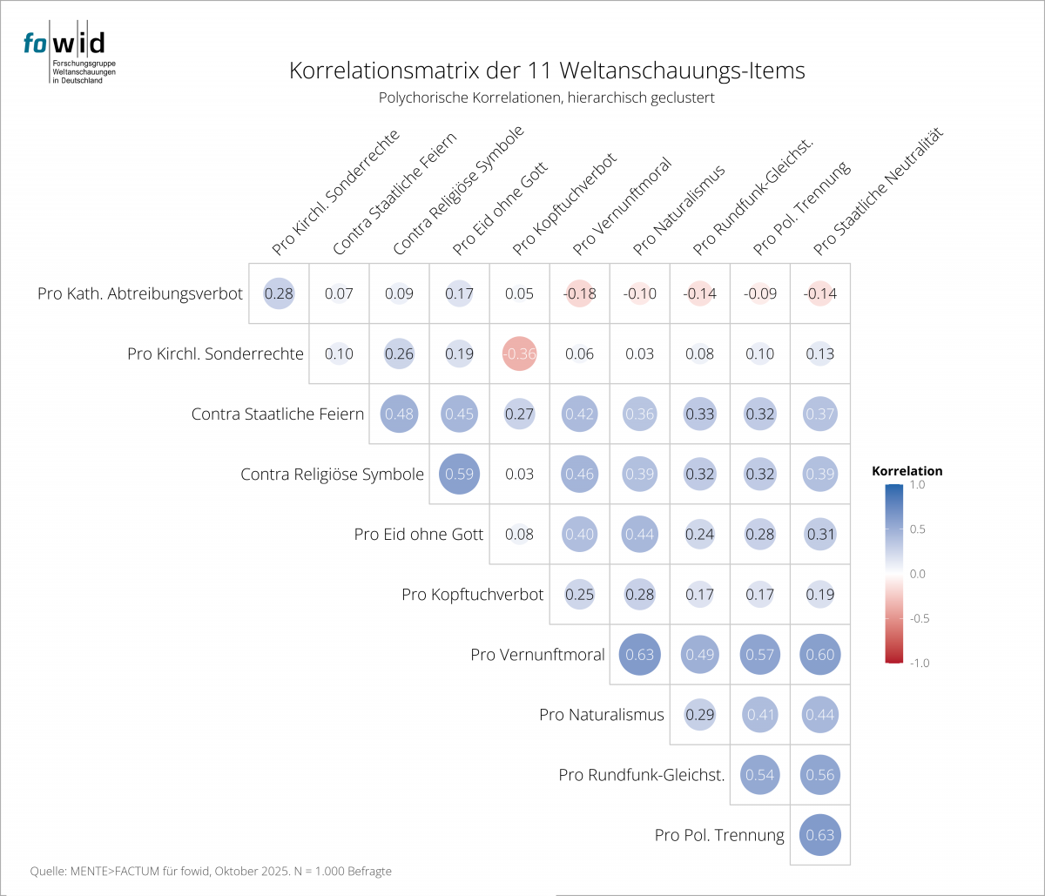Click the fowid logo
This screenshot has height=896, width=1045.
pyautogui.click(x=64, y=52)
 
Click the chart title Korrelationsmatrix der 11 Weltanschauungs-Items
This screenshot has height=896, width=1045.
pyautogui.click(x=546, y=71)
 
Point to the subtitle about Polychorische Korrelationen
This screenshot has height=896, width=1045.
pyautogui.click(x=546, y=98)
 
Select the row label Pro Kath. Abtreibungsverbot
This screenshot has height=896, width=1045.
pyautogui.click(x=140, y=293)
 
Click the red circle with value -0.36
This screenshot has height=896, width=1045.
pyautogui.click(x=519, y=354)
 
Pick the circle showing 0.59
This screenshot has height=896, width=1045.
pyautogui.click(x=459, y=475)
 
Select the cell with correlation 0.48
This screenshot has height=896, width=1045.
pyautogui.click(x=399, y=414)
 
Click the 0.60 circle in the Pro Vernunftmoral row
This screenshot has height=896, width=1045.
pyautogui.click(x=819, y=655)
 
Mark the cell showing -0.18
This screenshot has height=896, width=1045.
pyautogui.click(x=579, y=293)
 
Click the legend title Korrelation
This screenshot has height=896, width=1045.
pyautogui.click(x=907, y=471)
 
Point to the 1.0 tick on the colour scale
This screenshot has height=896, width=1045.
pyautogui.click(x=918, y=486)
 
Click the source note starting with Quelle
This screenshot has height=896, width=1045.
pyautogui.click(x=211, y=871)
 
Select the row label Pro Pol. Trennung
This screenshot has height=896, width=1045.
pyautogui.click(x=719, y=836)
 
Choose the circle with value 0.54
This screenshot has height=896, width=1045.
pyautogui.click(x=759, y=775)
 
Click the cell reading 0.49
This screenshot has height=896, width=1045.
pyautogui.click(x=699, y=655)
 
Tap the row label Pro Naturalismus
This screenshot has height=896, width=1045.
pyautogui.click(x=602, y=715)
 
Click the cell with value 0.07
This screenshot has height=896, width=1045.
pyautogui.click(x=339, y=293)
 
